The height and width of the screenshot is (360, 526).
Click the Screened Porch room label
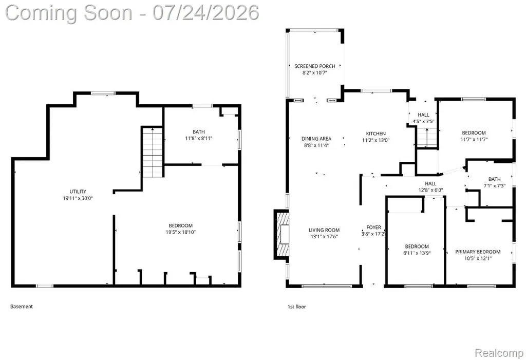click(x=315, y=66)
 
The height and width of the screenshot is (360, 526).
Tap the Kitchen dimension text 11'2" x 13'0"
click(x=375, y=140)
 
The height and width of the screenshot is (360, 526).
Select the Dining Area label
click(x=316, y=139)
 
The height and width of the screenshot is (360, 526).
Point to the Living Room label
click(x=324, y=230)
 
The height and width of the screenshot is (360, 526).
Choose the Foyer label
click(x=374, y=228)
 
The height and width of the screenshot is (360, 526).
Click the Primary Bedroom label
click(x=478, y=252)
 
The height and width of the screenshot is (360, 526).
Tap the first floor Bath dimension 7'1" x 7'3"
click(x=495, y=186)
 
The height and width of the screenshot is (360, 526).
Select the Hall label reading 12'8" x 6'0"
click(x=431, y=190)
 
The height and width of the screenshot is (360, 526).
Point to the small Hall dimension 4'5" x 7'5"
click(x=423, y=121)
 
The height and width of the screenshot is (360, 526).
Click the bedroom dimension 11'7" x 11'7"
click(x=474, y=140)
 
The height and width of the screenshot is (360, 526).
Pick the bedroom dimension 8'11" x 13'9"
click(x=417, y=253)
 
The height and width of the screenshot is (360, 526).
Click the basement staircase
click(x=153, y=152)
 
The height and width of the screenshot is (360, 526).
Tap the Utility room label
click(x=78, y=192)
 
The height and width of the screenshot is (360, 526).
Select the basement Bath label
click(x=199, y=132)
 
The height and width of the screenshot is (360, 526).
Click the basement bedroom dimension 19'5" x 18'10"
click(x=180, y=232)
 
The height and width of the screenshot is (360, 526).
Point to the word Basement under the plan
click(x=22, y=306)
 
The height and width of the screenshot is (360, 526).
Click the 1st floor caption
click(x=296, y=306)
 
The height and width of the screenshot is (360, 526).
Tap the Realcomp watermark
click(x=499, y=353)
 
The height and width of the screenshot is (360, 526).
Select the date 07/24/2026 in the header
click(x=205, y=13)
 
